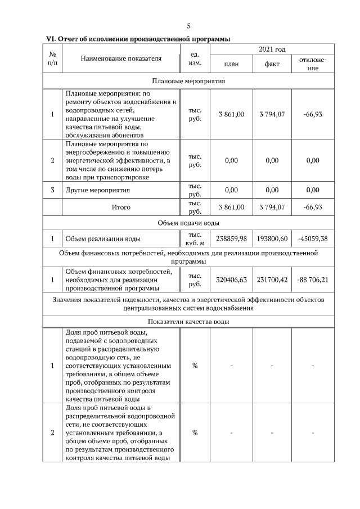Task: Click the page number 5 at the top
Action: point(188,26)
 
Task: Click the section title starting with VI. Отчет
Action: point(138,39)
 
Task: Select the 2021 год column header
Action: point(272,50)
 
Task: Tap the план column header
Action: point(231,64)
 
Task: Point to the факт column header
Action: point(272,64)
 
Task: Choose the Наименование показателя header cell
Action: point(120,58)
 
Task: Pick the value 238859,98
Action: point(231,239)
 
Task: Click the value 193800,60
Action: point(272,239)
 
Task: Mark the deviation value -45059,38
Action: point(313,239)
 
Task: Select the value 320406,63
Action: point(231,280)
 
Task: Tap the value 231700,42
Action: point(272,280)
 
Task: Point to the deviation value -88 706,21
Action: point(313,280)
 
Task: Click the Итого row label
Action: point(120,208)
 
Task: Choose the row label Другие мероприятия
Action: point(94,190)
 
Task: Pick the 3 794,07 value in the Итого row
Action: point(272,208)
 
